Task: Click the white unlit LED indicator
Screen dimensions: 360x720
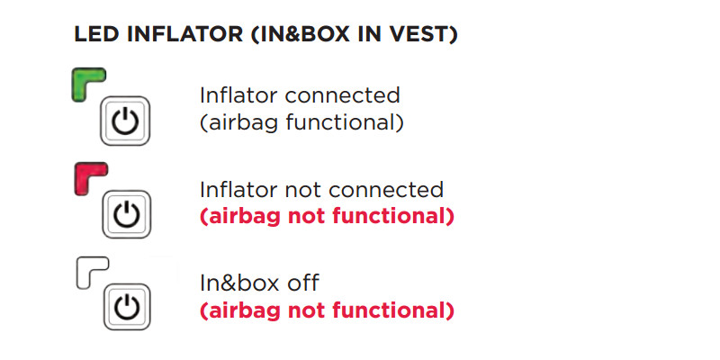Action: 88,268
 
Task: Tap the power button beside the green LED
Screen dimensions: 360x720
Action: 127,121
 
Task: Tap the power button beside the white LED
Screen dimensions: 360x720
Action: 127,307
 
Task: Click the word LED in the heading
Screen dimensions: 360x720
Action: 93,36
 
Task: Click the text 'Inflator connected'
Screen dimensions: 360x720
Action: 300,94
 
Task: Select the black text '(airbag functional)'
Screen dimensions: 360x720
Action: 301,122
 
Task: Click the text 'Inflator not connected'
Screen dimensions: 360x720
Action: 321,190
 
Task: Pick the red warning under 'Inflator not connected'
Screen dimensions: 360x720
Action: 326,217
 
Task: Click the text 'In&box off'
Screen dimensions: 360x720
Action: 259,283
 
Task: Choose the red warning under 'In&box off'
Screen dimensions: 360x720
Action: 326,311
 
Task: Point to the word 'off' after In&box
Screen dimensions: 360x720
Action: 303,283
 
